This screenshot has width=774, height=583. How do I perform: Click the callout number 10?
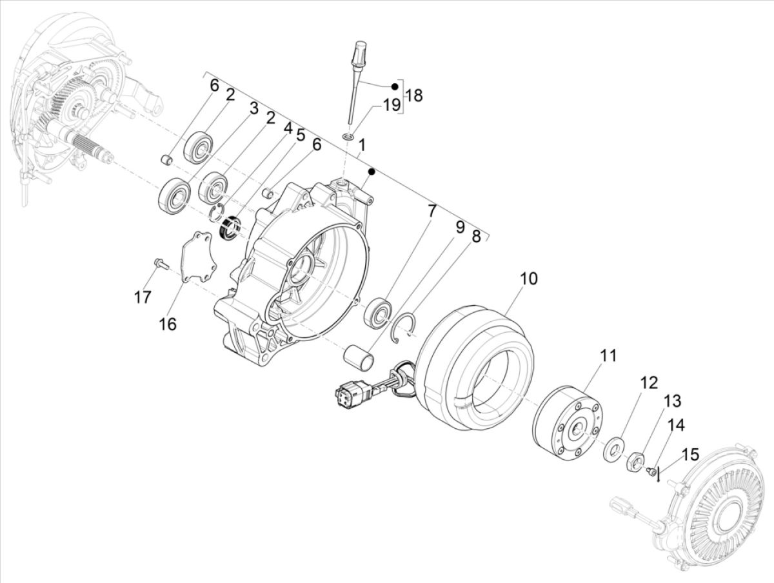pyautogui.click(x=528, y=279)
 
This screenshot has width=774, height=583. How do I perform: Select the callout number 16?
pyautogui.click(x=168, y=324)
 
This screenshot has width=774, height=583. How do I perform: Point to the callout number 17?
pyautogui.click(x=143, y=297)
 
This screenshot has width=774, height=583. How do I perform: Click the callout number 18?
pyautogui.click(x=414, y=96)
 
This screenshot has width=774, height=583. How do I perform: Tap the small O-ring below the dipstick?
pyautogui.click(x=348, y=137)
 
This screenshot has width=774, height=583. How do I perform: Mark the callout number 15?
pyautogui.click(x=690, y=454)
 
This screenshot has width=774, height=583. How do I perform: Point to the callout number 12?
pyautogui.click(x=649, y=382)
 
